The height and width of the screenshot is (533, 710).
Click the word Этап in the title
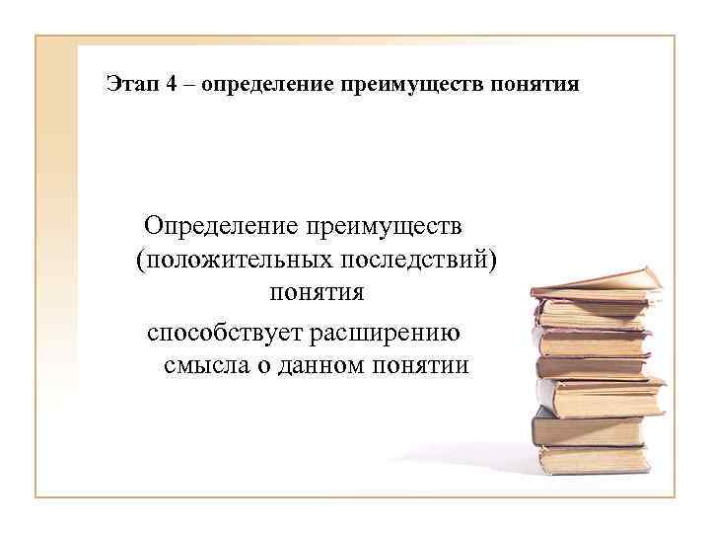[x=132, y=85]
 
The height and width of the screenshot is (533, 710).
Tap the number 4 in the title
[x=173, y=85]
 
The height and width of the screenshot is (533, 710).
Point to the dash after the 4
[x=189, y=85]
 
